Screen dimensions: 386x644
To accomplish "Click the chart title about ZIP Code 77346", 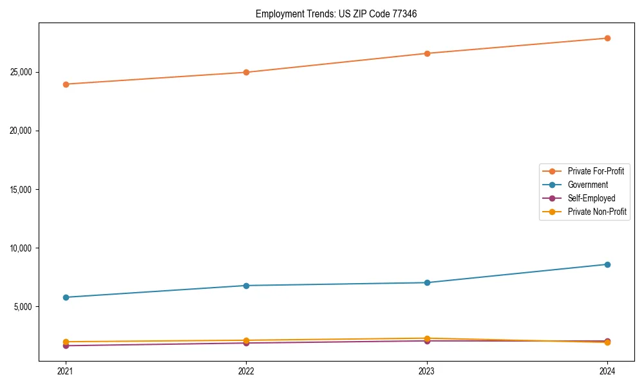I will (336, 14).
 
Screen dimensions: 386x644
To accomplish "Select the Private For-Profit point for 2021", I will (66, 84).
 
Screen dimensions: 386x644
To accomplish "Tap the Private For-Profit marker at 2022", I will (246, 72).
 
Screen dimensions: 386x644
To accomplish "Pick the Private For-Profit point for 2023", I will (427, 53).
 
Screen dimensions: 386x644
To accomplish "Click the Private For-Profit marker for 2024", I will (607, 38).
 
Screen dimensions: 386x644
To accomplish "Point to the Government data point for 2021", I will (66, 297).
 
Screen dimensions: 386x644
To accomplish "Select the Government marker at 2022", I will (246, 286).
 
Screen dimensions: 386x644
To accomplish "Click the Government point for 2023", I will (427, 282).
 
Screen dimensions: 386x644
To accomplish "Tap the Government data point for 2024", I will (607, 264).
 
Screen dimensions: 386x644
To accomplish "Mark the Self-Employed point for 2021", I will (66, 346).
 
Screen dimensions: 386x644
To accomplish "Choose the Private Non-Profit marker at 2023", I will (427, 338).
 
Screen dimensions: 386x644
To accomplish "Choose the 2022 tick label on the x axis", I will (246, 371).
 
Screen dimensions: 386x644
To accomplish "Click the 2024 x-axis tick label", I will (607, 371).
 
